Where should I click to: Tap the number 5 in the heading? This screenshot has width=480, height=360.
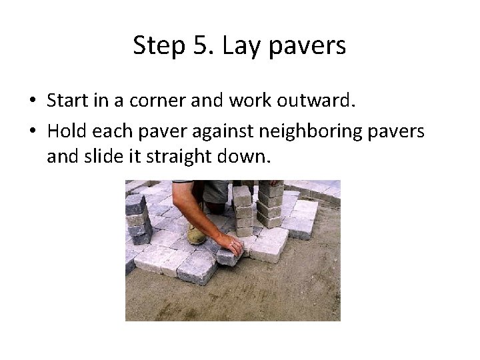[199, 46]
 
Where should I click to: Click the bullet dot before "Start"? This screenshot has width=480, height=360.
[32, 101]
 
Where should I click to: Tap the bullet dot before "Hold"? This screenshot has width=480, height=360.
[32, 132]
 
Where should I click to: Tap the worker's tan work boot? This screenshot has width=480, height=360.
[196, 233]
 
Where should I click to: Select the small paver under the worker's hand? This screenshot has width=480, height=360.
[227, 257]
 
